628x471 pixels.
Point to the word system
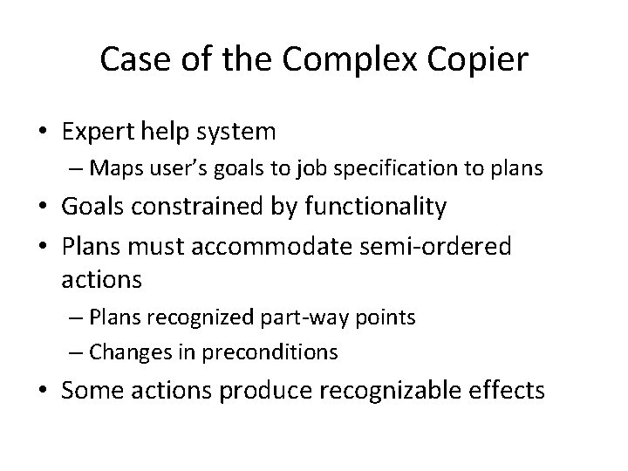(236, 132)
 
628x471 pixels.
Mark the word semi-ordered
(447, 246)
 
